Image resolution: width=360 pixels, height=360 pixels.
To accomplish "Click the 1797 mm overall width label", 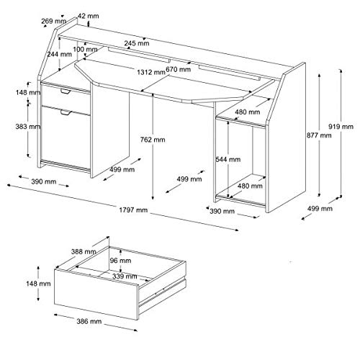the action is [x=133, y=210].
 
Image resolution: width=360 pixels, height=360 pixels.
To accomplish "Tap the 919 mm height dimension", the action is [x=341, y=126].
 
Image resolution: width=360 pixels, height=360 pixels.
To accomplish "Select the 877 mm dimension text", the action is [x=319, y=135].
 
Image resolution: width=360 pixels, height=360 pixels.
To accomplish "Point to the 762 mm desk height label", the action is [x=153, y=140].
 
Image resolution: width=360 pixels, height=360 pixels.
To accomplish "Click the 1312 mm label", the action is [x=151, y=72].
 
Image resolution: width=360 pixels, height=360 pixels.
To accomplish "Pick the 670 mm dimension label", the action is [x=179, y=69].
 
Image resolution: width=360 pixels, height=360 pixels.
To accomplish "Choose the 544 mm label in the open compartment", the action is [x=228, y=159].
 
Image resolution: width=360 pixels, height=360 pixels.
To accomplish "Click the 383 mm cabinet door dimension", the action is [x=28, y=126].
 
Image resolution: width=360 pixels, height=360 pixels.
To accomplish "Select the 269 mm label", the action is [x=53, y=21].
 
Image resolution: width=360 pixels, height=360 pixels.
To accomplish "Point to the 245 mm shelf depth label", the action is [x=137, y=43].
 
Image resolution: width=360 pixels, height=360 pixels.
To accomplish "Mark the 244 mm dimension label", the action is [x=59, y=54].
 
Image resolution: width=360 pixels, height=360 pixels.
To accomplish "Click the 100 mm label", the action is [x=85, y=50].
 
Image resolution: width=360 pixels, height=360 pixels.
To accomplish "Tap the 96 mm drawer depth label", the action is [x=120, y=261].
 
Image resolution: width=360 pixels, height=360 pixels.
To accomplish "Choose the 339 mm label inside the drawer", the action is [x=125, y=276].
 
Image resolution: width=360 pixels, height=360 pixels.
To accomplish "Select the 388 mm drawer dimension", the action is [x=84, y=251].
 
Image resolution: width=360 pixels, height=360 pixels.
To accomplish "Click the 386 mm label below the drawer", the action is [x=89, y=321].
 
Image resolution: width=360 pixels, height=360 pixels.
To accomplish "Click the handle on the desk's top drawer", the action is [x=65, y=91].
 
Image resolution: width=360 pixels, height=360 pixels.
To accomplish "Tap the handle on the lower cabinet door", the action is [x=66, y=112].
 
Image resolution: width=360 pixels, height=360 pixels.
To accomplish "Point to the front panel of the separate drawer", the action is [x=96, y=294].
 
